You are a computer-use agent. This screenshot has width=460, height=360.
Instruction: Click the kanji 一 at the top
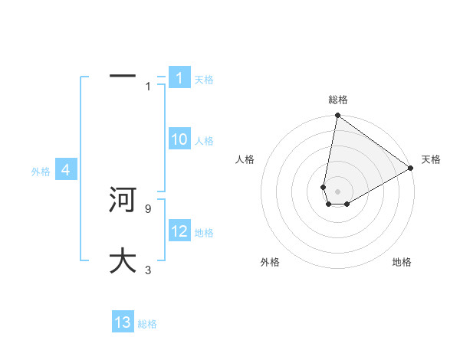pyautogui.click(x=123, y=77)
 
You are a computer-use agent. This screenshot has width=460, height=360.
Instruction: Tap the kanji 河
pyautogui.click(x=123, y=200)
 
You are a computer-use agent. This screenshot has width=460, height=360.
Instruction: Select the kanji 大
pyautogui.click(x=123, y=260)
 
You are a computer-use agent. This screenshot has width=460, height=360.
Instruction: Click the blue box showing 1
pyautogui.click(x=179, y=78)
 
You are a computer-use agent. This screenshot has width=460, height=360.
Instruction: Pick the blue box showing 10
pyautogui.click(x=179, y=139)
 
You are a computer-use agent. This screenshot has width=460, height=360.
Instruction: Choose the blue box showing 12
pyautogui.click(x=179, y=231)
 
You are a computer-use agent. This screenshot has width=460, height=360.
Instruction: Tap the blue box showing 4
pyautogui.click(x=66, y=170)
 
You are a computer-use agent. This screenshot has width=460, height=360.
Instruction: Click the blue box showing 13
pyautogui.click(x=123, y=322)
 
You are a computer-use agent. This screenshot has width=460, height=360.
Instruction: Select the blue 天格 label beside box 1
pyautogui.click(x=204, y=80)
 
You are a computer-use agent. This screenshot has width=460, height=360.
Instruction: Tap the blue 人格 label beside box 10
pyautogui.click(x=204, y=141)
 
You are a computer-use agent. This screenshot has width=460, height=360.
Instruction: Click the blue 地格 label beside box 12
pyautogui.click(x=204, y=233)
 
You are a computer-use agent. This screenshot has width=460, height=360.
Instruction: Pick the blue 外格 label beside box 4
pyautogui.click(x=41, y=172)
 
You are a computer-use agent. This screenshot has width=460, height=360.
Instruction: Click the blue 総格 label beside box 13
pyautogui.click(x=147, y=324)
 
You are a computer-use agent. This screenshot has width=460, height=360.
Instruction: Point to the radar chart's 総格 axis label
pyautogui.click(x=338, y=100)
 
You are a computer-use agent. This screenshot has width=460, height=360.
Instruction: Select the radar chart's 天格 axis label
pyautogui.click(x=431, y=159)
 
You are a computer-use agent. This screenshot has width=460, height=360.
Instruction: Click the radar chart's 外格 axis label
pyautogui.click(x=270, y=262)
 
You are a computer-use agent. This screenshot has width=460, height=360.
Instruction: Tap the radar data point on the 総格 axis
pyautogui.click(x=337, y=116)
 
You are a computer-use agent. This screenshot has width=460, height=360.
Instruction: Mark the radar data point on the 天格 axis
pyautogui.click(x=411, y=169)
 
